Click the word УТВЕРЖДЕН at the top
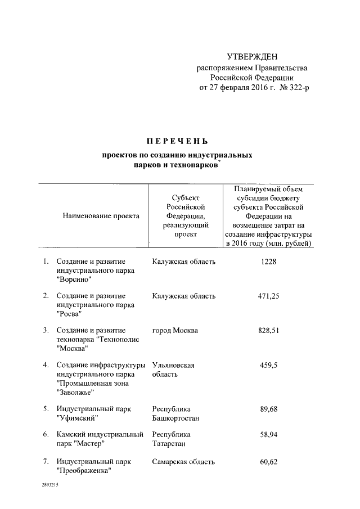pyautogui.click(x=252, y=57)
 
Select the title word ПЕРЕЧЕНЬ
pyautogui.click(x=177, y=140)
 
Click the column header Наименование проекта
pyautogui.click(x=101, y=215)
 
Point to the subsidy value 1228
pyautogui.click(x=269, y=262)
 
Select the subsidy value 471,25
pyautogui.click(x=269, y=296)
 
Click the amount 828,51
pyautogui.click(x=269, y=330)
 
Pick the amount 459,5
pyautogui.click(x=269, y=365)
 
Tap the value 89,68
pyautogui.click(x=269, y=408)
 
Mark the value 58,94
pyautogui.click(x=269, y=435)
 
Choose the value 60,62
pyautogui.click(x=269, y=462)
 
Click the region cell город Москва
pyautogui.click(x=175, y=330)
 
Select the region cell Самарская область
pyautogui.click(x=183, y=462)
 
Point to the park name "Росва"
pyautogui.click(x=70, y=313)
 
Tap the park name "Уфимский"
pyautogui.click(x=78, y=418)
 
